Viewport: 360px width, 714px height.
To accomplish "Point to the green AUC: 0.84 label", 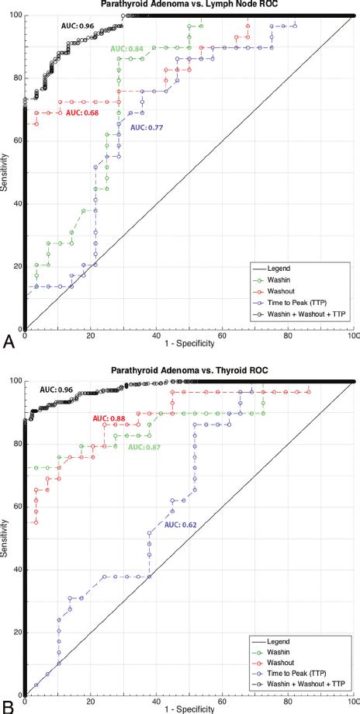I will pyautogui.click(x=128, y=49).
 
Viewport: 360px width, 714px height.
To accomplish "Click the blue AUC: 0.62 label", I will pyautogui.click(x=182, y=525).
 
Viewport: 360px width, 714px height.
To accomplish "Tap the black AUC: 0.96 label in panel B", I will pyautogui.click(x=57, y=389).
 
